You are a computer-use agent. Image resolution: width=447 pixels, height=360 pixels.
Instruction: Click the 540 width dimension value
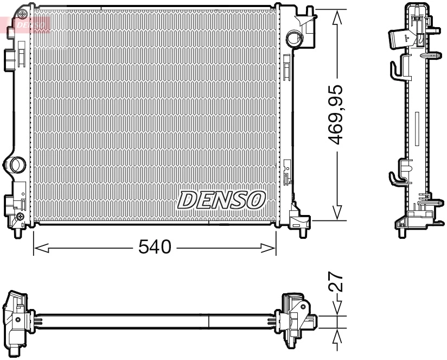[x=155, y=248]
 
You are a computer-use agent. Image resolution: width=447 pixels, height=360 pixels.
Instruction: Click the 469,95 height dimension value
[x=337, y=114]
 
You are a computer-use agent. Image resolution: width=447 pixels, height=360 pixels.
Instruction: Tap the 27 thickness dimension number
[x=337, y=283]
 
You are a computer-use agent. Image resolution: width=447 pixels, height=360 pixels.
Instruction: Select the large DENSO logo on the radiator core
[x=221, y=200]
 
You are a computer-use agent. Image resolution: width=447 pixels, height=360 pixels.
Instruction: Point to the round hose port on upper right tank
[x=294, y=38]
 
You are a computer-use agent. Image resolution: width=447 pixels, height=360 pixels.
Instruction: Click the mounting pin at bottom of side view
[x=402, y=232]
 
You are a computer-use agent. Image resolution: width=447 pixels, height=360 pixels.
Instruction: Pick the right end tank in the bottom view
[x=295, y=320]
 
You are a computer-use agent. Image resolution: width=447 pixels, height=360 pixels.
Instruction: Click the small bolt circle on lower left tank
[x=20, y=217]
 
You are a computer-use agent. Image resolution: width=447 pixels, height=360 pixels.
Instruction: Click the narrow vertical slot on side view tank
[x=416, y=129]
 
